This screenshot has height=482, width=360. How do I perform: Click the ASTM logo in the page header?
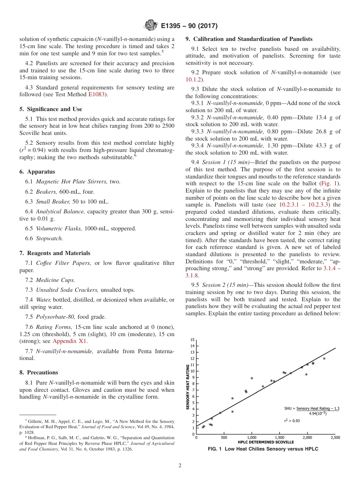(151, 26)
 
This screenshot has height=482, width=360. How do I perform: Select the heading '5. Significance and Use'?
(51, 109)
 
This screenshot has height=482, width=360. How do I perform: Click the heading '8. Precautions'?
(39, 372)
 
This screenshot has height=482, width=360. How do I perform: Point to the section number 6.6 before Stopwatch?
(30, 238)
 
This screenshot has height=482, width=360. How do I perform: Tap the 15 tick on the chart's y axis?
(193, 340)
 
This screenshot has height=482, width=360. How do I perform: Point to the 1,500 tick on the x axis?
(279, 438)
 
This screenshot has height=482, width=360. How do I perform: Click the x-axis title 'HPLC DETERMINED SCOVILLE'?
(266, 442)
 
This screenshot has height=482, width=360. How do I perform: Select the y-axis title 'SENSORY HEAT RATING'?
(188, 387)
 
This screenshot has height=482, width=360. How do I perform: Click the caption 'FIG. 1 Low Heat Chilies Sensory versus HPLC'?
(263, 449)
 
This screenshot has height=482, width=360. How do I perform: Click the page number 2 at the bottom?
(180, 466)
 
